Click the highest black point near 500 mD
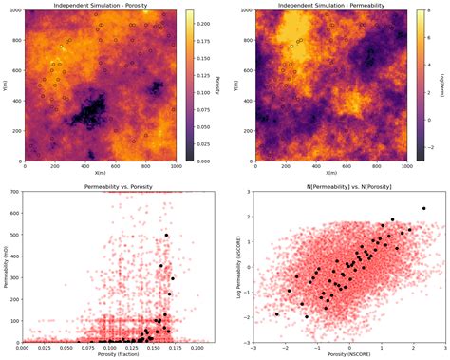point(165,235)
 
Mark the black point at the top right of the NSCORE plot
point(423,209)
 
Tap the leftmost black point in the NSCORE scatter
point(277,314)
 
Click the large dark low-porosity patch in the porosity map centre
point(91,115)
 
